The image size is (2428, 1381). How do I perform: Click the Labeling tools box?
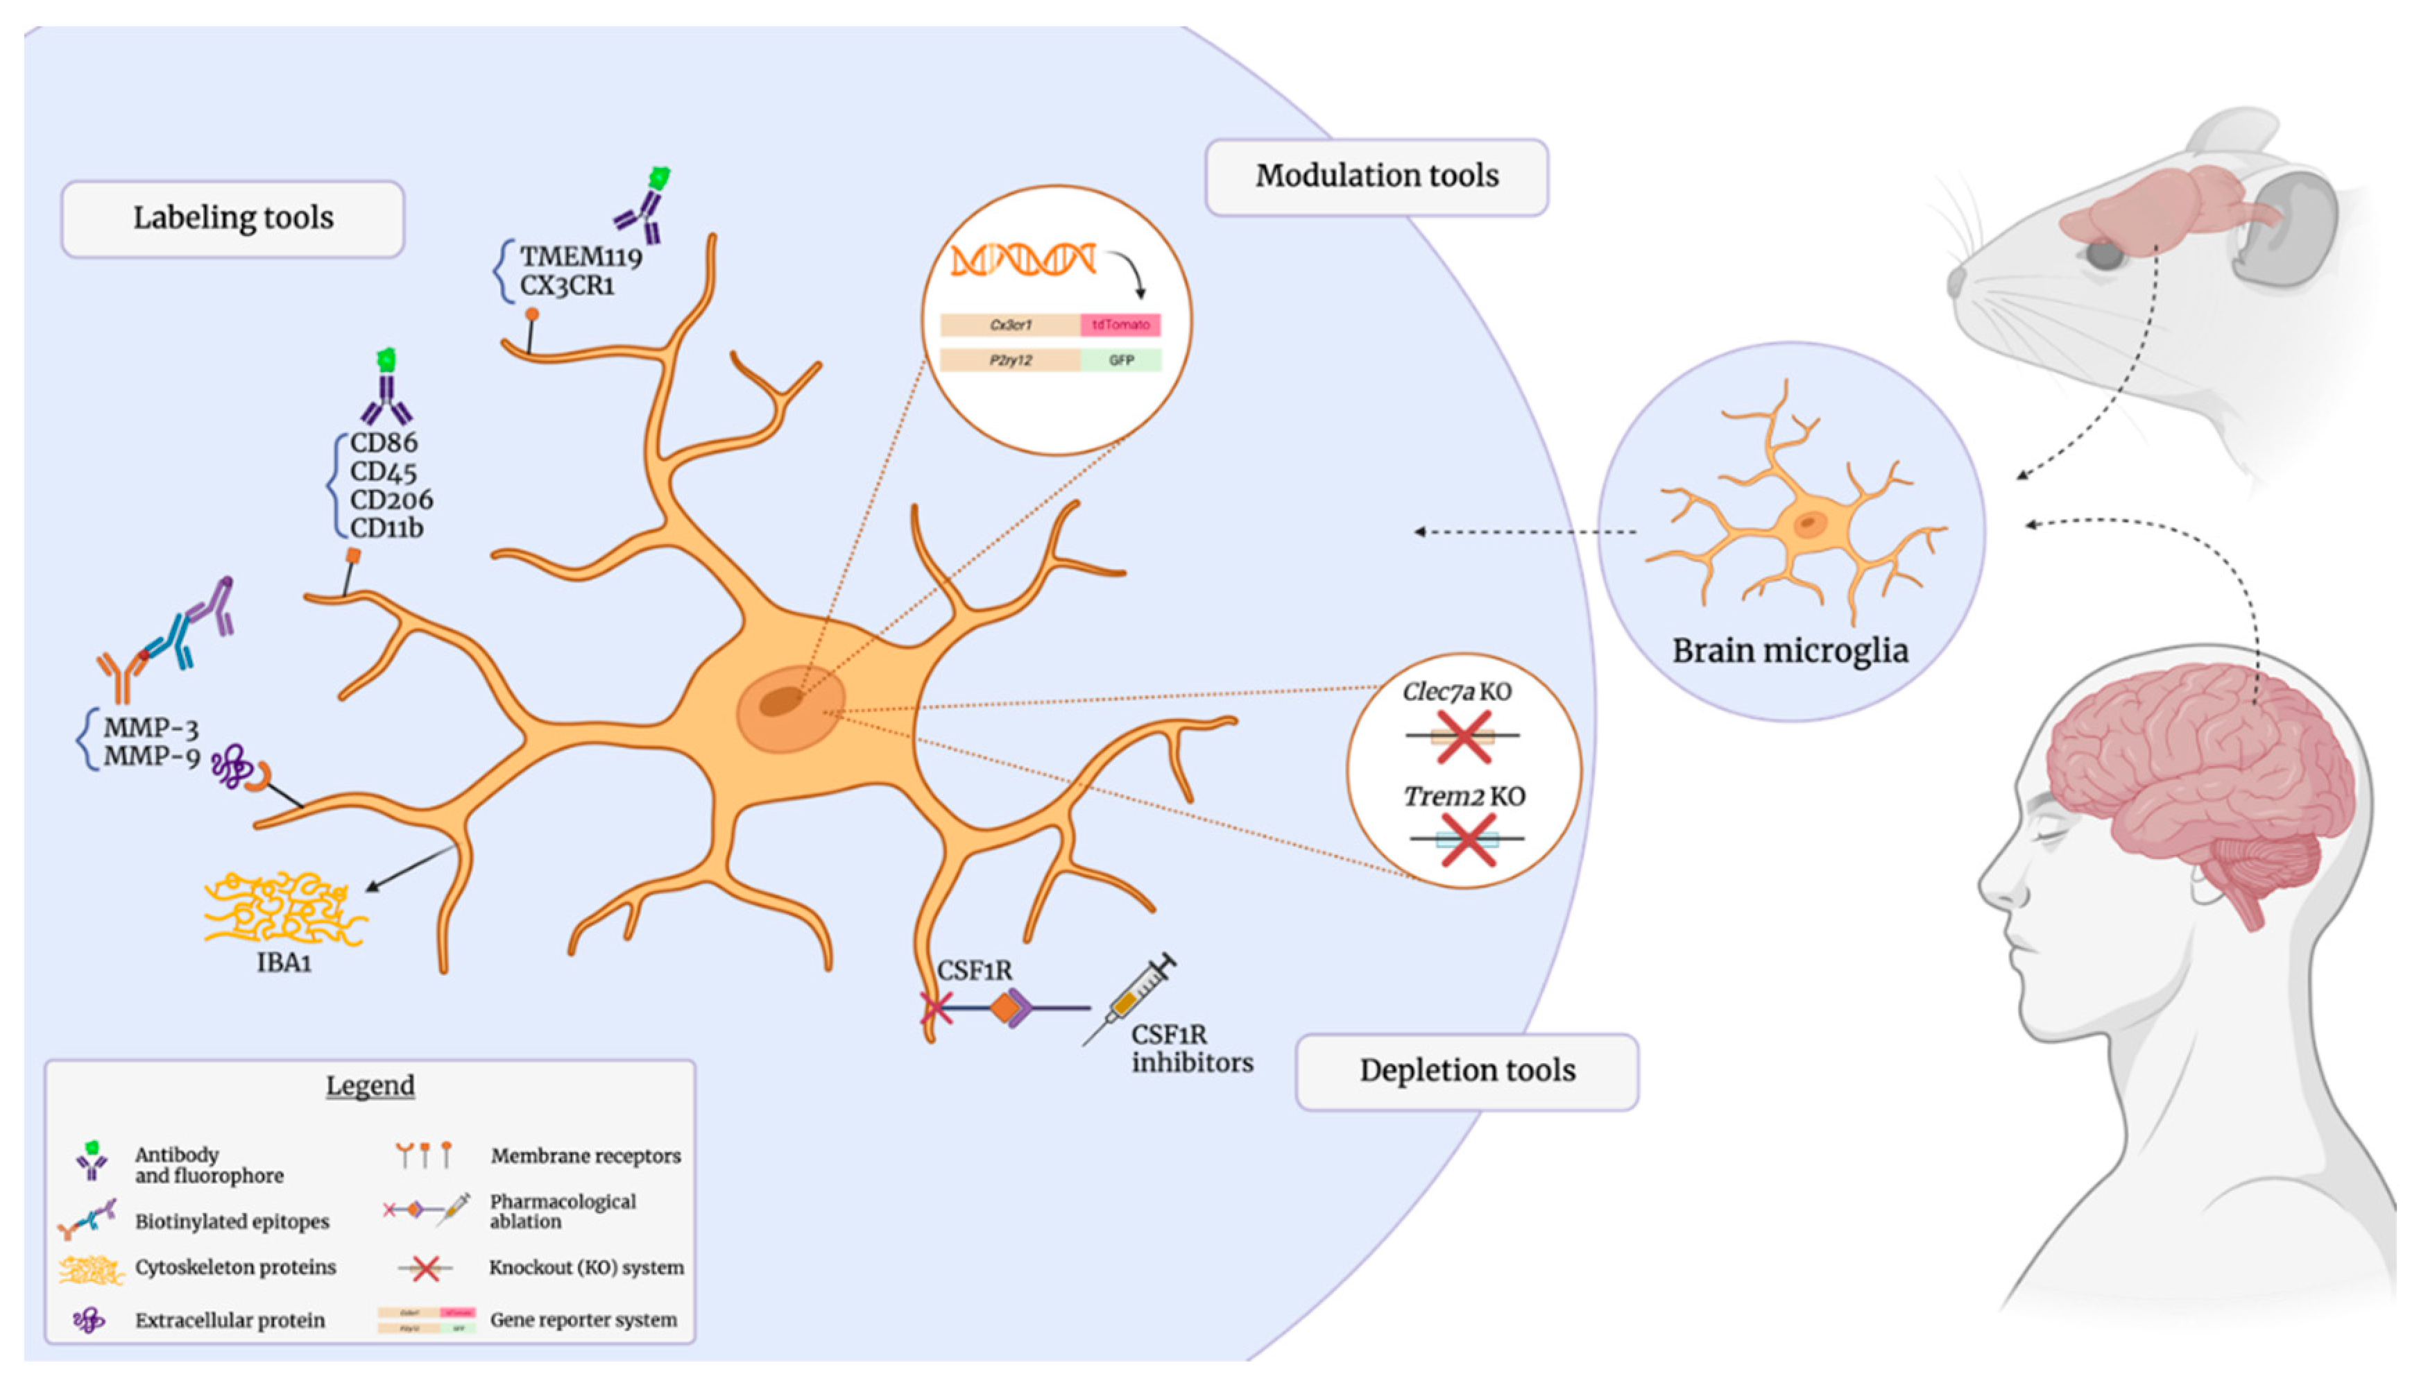click(x=232, y=218)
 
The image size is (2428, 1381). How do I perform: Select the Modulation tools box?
click(x=1376, y=176)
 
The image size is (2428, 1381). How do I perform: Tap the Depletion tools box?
click(x=1466, y=1071)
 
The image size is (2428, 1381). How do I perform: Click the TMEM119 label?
click(x=580, y=256)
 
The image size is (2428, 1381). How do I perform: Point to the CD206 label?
click(x=391, y=500)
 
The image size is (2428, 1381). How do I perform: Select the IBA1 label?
click(x=284, y=963)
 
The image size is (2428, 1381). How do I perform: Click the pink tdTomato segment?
click(x=1120, y=324)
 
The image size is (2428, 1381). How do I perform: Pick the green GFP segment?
click(x=1120, y=360)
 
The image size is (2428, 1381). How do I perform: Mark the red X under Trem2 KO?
click(x=1467, y=840)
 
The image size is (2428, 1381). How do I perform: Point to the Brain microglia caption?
click(x=1789, y=651)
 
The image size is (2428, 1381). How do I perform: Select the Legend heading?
click(x=370, y=1085)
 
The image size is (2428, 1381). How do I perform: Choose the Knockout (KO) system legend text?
click(x=586, y=1267)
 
